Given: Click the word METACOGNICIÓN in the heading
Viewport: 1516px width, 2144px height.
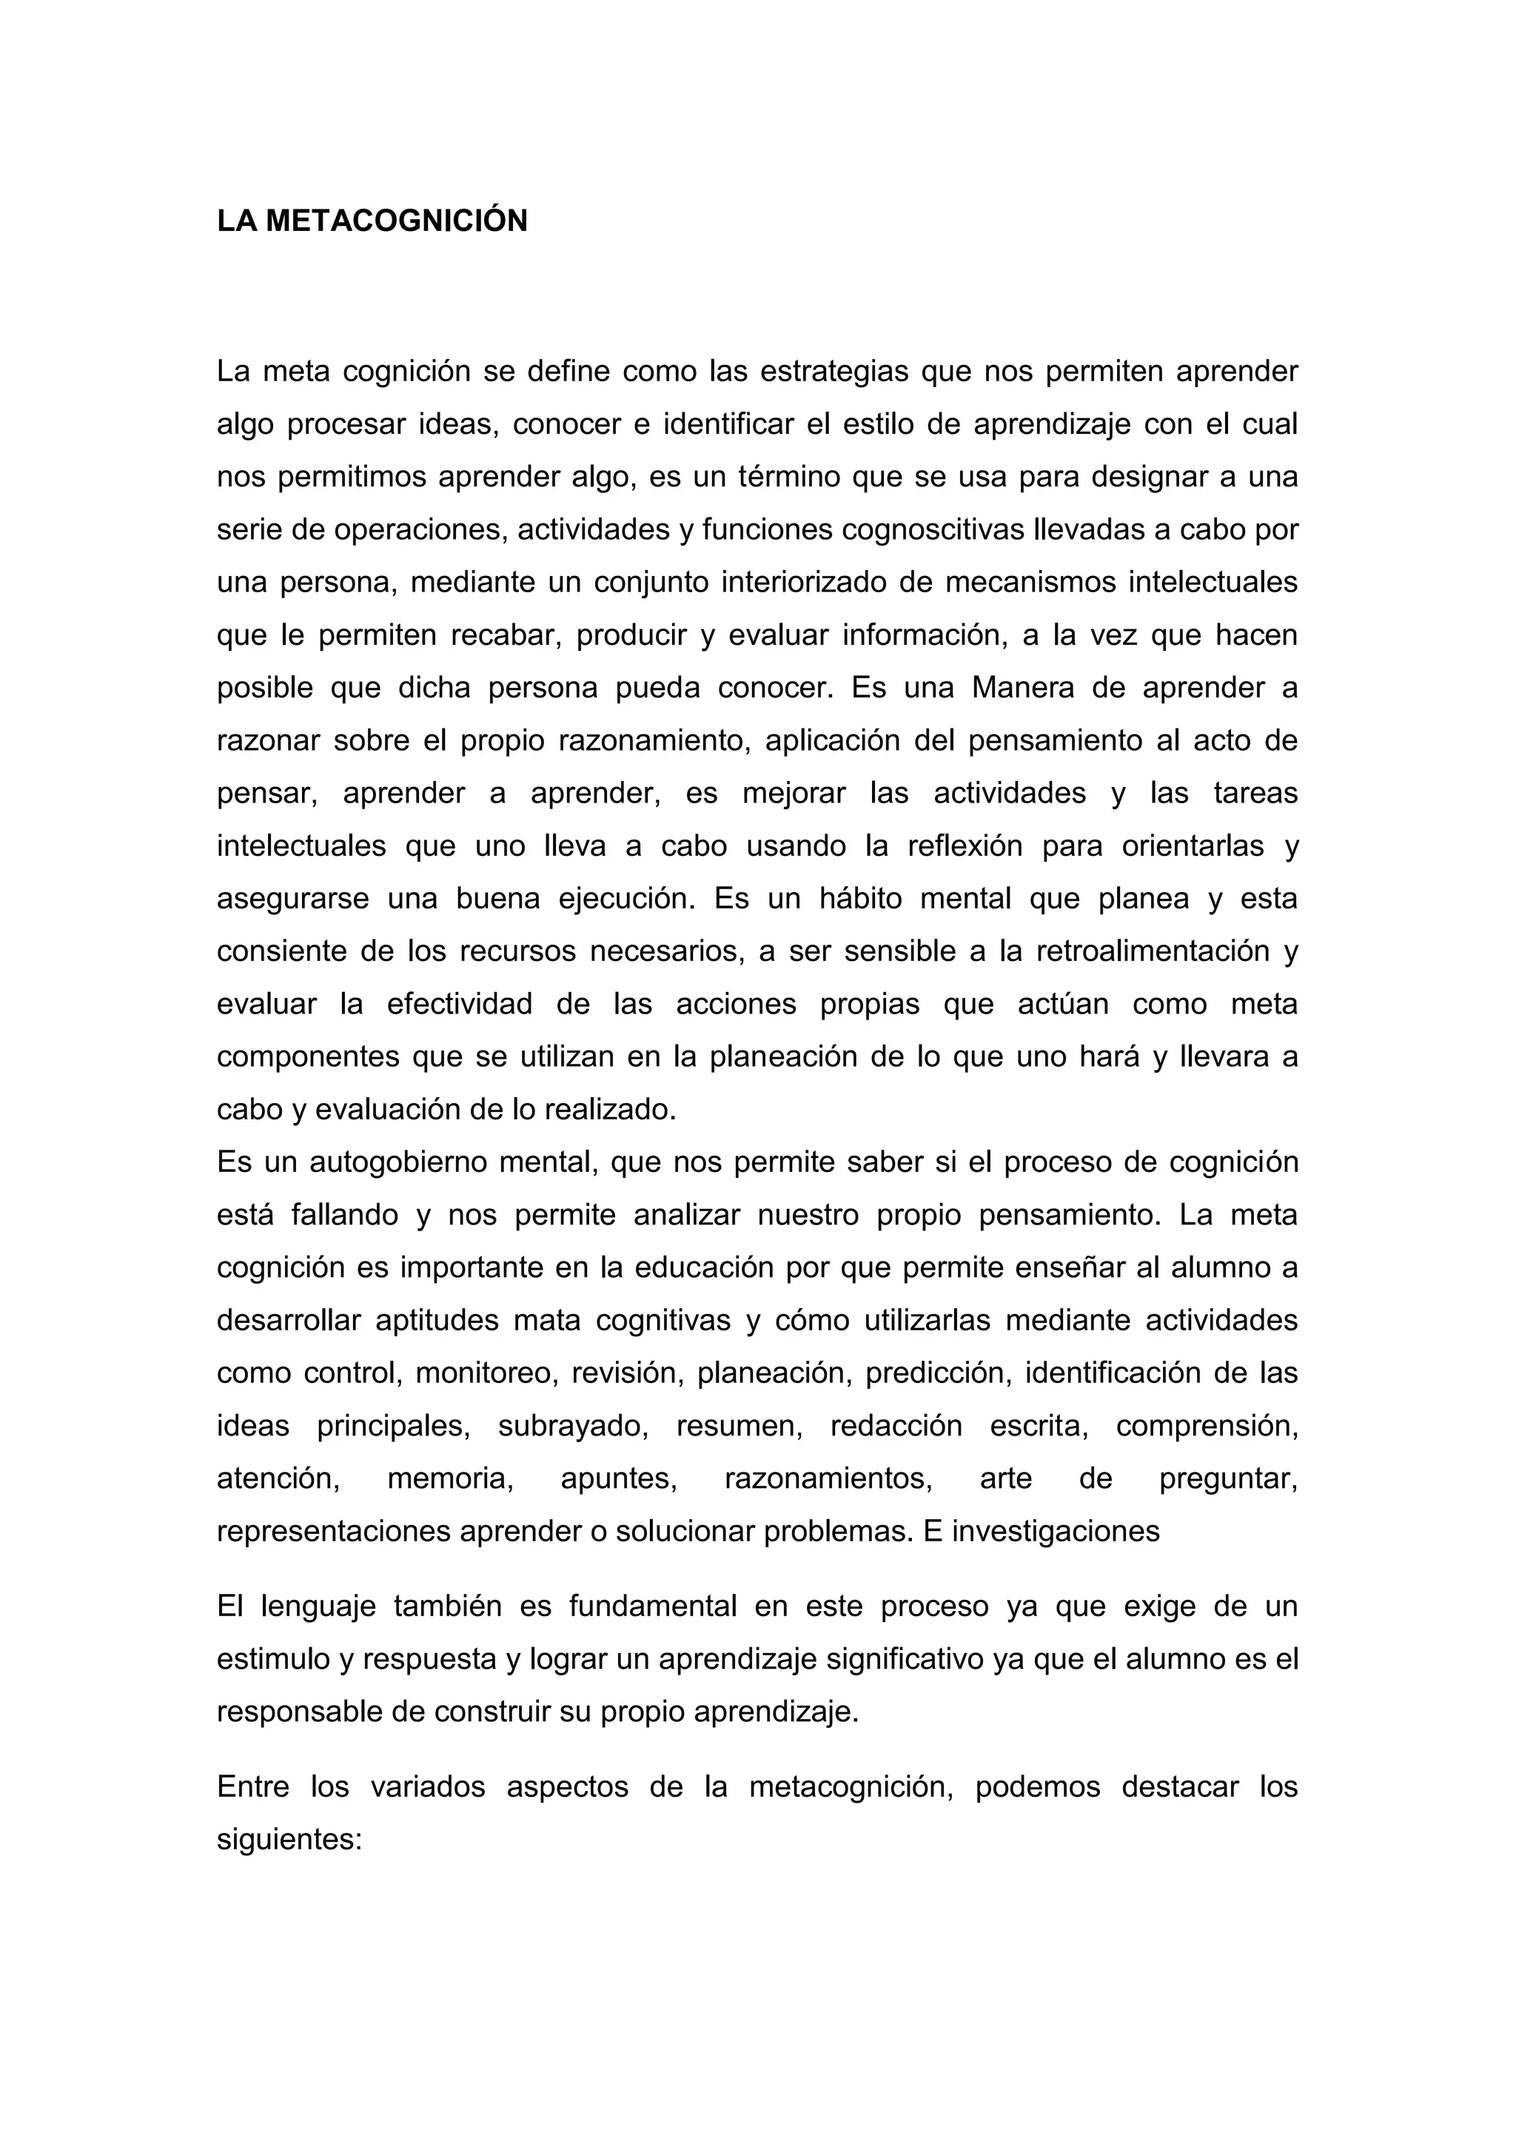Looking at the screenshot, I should pos(397,221).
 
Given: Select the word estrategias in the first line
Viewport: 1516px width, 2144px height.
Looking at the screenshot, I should pos(834,372).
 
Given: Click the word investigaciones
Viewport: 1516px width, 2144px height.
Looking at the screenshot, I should pos(1055,1532).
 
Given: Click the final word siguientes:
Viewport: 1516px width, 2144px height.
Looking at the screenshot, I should pos(289,1840).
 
